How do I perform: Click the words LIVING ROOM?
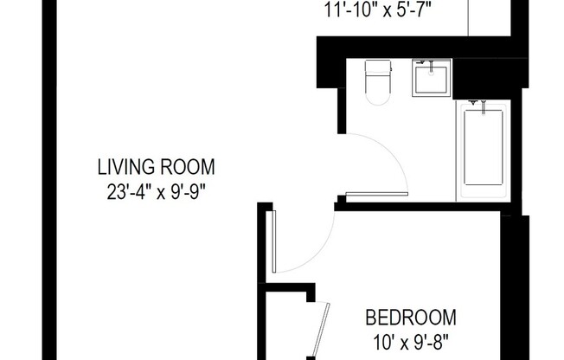156,167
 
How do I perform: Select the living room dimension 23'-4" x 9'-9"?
156,188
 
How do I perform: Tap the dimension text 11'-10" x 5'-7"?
378,11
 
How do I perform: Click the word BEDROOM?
410,317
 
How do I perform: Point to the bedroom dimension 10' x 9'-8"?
410,337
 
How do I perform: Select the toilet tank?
379,68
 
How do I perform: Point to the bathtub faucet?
475,105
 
